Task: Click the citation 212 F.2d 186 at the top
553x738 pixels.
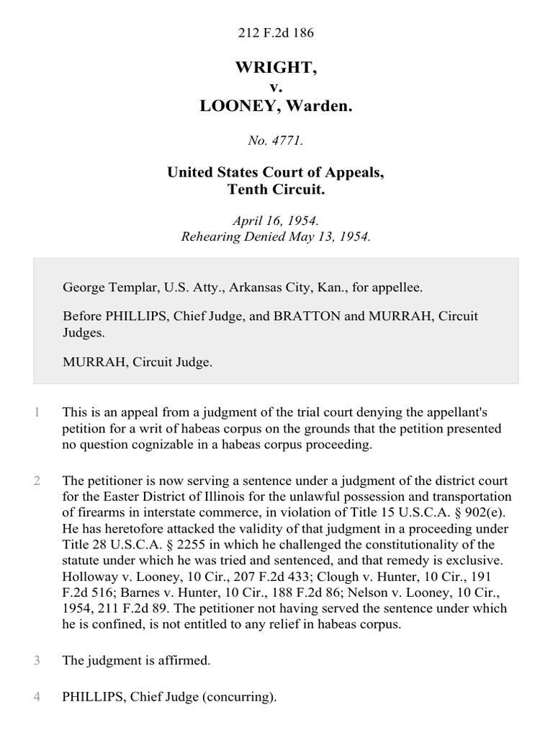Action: (276, 33)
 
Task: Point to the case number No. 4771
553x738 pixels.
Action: (276, 141)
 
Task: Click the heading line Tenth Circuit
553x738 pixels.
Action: (276, 189)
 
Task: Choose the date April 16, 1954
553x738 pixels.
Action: (276, 223)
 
